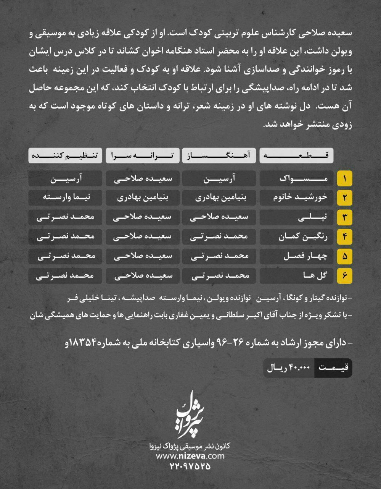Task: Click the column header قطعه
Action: tap(296, 155)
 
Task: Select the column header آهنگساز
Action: tap(219, 155)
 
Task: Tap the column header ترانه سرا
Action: tap(142, 155)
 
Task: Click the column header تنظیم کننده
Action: tap(65, 155)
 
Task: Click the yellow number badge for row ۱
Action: tap(344, 178)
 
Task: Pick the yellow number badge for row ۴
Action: tap(344, 237)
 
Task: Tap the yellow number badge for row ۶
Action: tap(344, 276)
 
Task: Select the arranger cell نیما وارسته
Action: tap(65, 198)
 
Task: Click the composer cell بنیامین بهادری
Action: tap(219, 198)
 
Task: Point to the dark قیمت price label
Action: tap(333, 368)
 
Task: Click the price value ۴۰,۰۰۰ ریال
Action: tap(289, 368)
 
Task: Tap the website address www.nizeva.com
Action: tap(190, 456)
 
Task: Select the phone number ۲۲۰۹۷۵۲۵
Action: tap(190, 466)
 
